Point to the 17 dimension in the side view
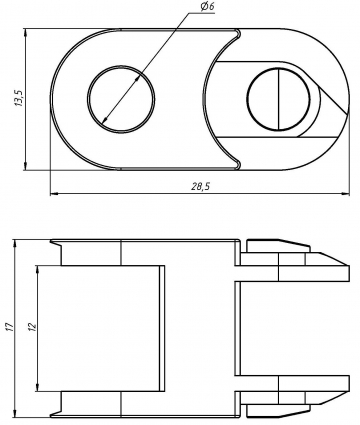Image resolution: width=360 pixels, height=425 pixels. (x=9, y=327)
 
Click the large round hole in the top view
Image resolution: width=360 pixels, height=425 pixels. (x=122, y=102)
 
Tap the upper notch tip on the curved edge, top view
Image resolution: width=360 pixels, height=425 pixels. (x=239, y=35)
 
